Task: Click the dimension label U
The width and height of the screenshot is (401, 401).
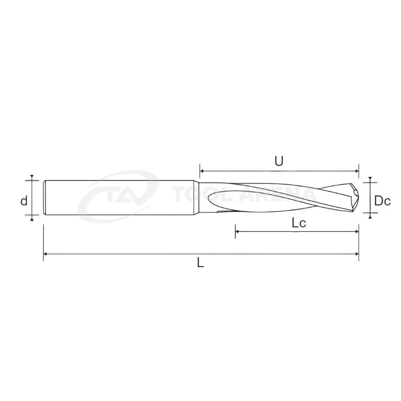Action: point(279,161)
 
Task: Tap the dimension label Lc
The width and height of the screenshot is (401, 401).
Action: point(299,223)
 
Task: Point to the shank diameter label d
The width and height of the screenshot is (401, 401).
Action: point(24,201)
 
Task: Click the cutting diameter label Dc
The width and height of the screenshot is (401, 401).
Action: point(382,201)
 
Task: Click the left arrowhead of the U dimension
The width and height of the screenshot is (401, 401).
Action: point(202,170)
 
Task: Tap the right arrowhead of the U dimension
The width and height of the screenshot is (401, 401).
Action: point(357,170)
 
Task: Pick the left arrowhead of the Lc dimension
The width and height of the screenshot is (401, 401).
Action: point(237,232)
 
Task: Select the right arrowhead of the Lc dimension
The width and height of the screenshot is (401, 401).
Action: point(357,232)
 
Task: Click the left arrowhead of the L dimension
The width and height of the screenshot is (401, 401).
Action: point(45,254)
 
